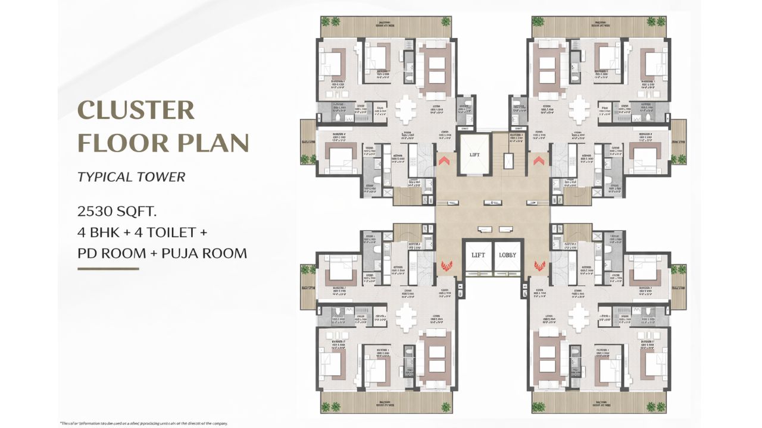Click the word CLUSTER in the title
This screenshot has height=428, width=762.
pyautogui.click(x=136, y=111)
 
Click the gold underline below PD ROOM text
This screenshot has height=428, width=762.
pyautogui.click(x=108, y=269)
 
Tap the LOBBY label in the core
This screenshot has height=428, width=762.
pyautogui.click(x=508, y=255)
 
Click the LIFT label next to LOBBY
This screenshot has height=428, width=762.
pyautogui.click(x=479, y=255)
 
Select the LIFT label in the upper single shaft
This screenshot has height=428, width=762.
pyautogui.click(x=474, y=155)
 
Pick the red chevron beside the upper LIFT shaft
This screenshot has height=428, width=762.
pyautogui.click(x=444, y=160)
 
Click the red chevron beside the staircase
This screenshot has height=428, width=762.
pyautogui.click(x=541, y=160)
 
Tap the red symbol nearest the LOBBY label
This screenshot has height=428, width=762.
pyautogui.click(x=541, y=265)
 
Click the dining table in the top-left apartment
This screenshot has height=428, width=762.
pyautogui.click(x=407, y=108)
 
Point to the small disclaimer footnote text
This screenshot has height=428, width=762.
pyautogui.click(x=143, y=423)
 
